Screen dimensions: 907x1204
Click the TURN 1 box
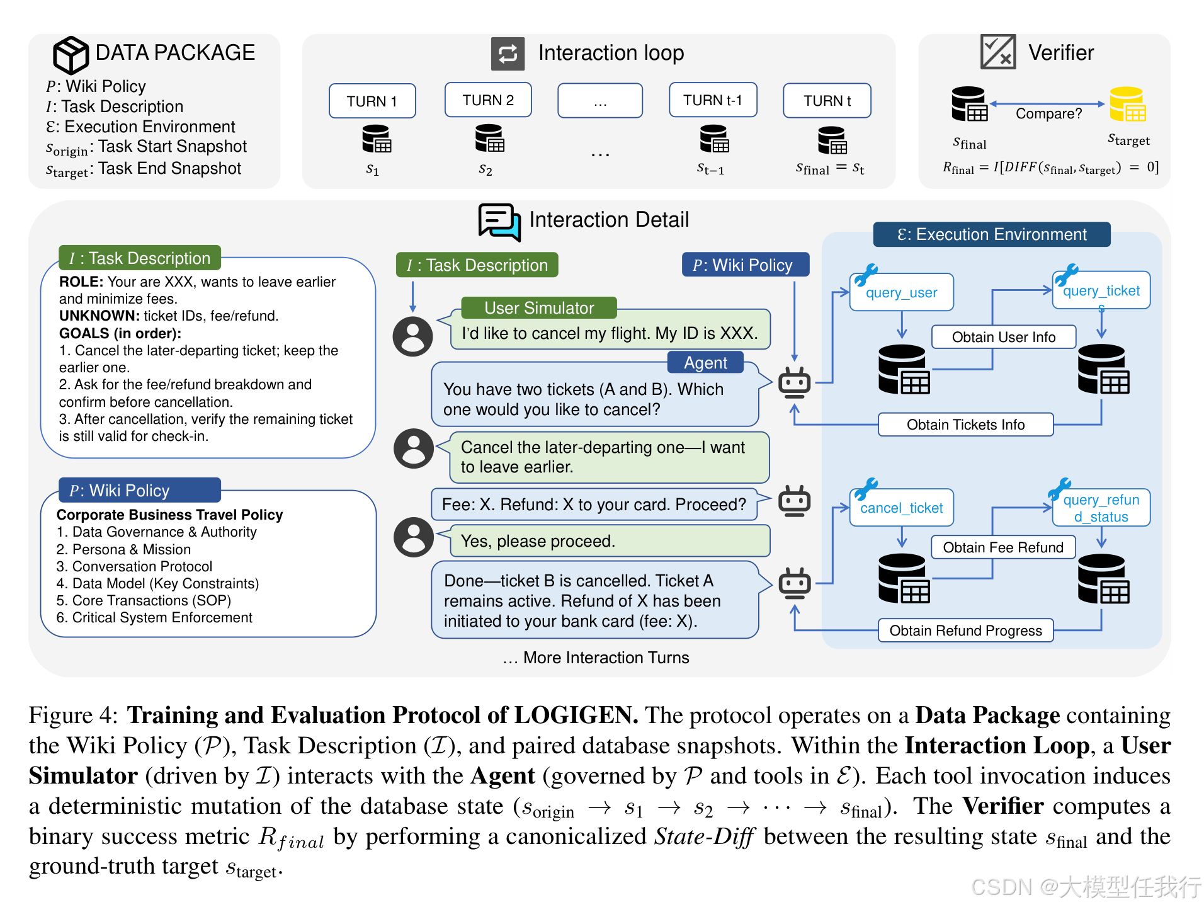372,101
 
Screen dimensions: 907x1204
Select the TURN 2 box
488,100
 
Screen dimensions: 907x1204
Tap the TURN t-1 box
713,100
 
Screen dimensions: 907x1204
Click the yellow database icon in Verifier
1127,104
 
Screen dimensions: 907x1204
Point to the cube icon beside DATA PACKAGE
70,55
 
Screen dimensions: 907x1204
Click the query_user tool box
901,292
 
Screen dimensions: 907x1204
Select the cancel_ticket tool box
901,508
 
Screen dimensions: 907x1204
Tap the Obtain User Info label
1003,337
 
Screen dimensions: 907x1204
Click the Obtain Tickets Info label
965,425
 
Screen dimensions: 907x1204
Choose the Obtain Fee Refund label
1002,547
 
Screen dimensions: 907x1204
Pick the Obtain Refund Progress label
965,630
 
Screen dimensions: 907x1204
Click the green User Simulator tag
539,308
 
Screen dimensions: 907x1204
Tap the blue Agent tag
705,363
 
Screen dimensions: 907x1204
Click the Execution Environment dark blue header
991,234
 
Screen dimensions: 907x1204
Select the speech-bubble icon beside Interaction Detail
499,222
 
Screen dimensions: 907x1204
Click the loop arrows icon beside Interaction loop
508,54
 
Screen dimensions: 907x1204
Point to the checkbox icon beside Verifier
997,52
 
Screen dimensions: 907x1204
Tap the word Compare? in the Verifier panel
1048,114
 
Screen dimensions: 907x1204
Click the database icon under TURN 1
377,139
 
